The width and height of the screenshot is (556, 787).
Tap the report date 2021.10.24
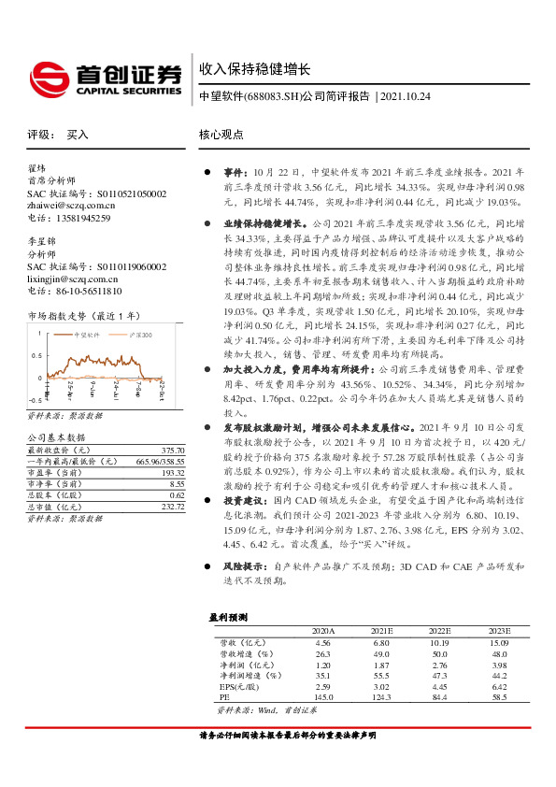click(x=407, y=96)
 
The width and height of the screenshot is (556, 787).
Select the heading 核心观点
click(x=221, y=135)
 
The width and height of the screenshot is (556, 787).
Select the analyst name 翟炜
click(x=36, y=168)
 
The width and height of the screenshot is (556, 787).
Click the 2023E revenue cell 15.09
click(x=499, y=643)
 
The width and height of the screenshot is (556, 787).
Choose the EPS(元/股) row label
click(x=238, y=684)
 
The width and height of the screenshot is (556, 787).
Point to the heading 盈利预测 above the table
click(x=225, y=617)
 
